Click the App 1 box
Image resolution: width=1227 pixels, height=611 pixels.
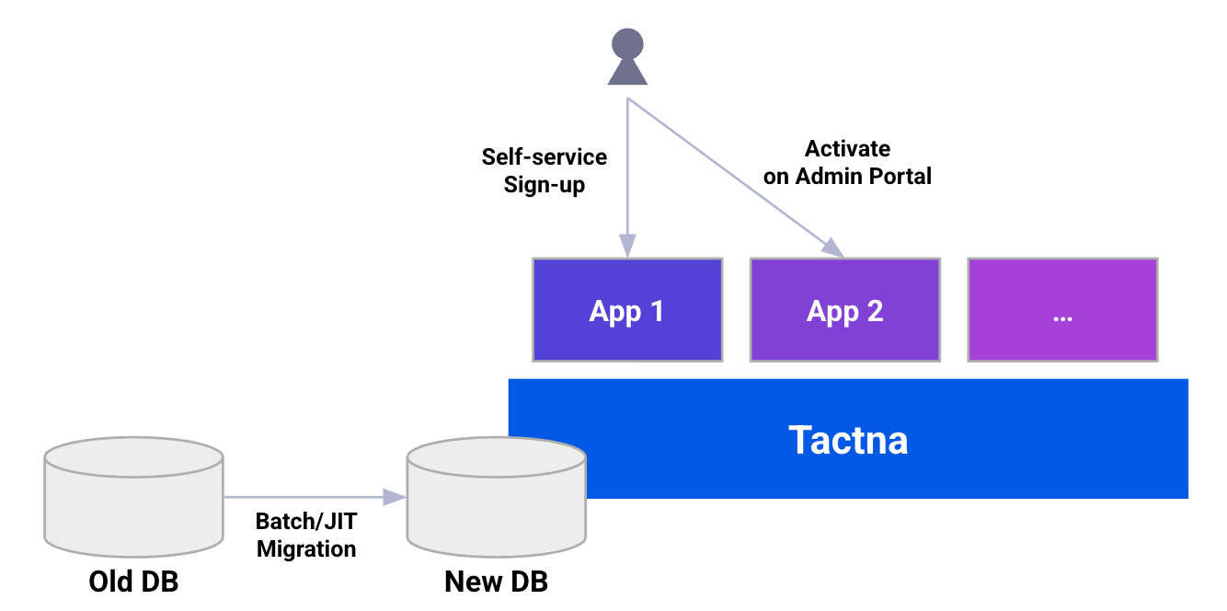[x=627, y=310]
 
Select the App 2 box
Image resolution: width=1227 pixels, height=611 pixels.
[x=844, y=310]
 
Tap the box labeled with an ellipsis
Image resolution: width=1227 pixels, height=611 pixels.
[x=1062, y=310]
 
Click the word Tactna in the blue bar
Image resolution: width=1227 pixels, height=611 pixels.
[x=848, y=440]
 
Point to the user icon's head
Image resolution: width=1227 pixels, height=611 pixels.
[x=627, y=43]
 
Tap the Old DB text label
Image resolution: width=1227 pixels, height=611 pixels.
[x=133, y=582]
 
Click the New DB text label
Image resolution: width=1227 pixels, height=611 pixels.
[x=496, y=582]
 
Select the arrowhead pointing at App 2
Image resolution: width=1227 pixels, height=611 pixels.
[x=832, y=248]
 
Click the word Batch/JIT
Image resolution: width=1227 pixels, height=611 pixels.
[x=305, y=522]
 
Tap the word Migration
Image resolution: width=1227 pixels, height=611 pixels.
[x=305, y=548]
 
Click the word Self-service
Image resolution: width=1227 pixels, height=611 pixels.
[x=545, y=156]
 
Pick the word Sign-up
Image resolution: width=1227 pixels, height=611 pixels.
[x=545, y=184]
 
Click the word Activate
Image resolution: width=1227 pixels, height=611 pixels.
[x=847, y=148]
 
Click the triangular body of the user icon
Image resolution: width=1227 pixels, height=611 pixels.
[x=627, y=73]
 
